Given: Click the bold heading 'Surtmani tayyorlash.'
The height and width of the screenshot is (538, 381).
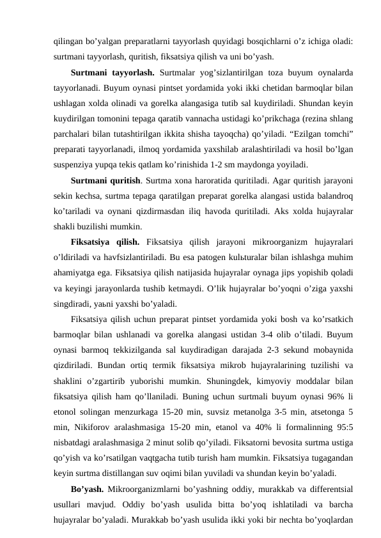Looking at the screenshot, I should click(113, 72).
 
